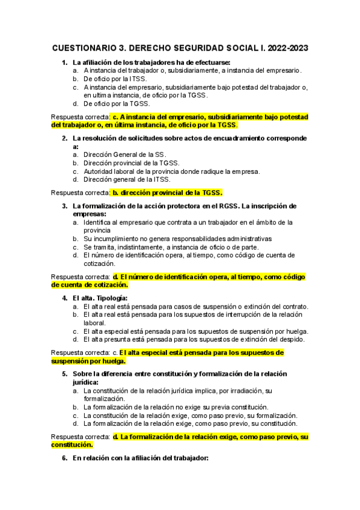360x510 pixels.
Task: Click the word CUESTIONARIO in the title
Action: point(83,48)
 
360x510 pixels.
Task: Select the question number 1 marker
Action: point(65,62)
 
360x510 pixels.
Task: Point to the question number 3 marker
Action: point(65,206)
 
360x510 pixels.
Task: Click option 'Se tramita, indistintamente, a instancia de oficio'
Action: point(171,247)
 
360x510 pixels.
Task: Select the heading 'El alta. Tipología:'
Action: point(100,298)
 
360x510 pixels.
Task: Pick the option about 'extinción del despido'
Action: point(194,339)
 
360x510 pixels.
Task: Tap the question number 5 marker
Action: point(65,373)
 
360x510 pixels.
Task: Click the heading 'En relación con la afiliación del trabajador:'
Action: point(140,458)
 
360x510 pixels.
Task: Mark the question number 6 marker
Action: point(65,458)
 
